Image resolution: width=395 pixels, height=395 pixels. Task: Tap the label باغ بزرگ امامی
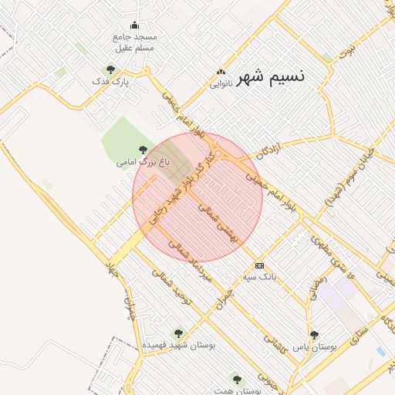click(137, 163)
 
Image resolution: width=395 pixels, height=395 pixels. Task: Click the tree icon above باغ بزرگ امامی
click(141, 150)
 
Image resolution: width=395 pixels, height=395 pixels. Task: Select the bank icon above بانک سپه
click(259, 265)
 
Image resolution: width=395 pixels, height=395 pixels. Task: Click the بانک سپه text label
click(259, 275)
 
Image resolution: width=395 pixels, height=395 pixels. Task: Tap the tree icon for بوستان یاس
click(314, 335)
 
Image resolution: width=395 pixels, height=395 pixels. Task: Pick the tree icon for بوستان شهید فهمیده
click(178, 333)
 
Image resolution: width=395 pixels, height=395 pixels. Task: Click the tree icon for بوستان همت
click(236, 380)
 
